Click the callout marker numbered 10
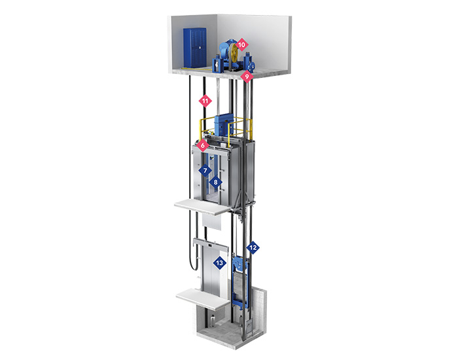241,45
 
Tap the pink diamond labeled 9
247,77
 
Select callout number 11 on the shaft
205,101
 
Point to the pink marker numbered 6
203,145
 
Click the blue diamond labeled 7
205,170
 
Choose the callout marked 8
215,182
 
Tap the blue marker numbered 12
253,248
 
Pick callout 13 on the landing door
220,262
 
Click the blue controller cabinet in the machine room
194,48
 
